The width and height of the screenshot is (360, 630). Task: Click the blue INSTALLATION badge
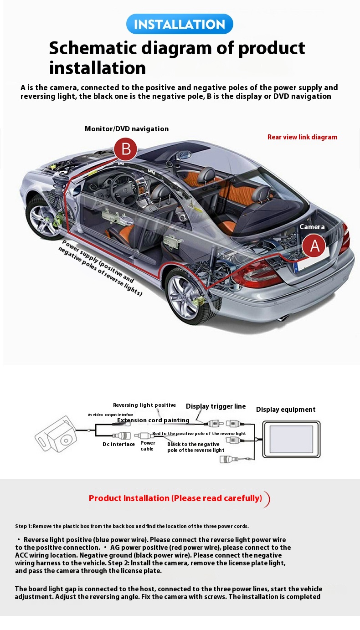(180, 24)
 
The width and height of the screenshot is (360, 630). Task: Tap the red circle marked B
(125, 149)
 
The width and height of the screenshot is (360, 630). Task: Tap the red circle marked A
(314, 246)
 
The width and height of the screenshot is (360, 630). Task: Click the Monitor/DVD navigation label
(127, 129)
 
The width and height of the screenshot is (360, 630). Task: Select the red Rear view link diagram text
(302, 137)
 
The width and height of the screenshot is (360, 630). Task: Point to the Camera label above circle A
(312, 227)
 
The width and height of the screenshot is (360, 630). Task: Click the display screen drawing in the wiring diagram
(291, 439)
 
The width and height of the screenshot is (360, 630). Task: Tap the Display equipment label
(286, 410)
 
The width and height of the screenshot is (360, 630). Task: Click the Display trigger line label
(216, 406)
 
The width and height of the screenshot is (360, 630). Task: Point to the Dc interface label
(119, 444)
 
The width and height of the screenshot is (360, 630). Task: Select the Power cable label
(148, 446)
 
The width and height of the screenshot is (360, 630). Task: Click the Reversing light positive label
(144, 405)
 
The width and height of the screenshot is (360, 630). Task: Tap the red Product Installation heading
(175, 498)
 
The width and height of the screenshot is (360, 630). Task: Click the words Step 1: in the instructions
(23, 526)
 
